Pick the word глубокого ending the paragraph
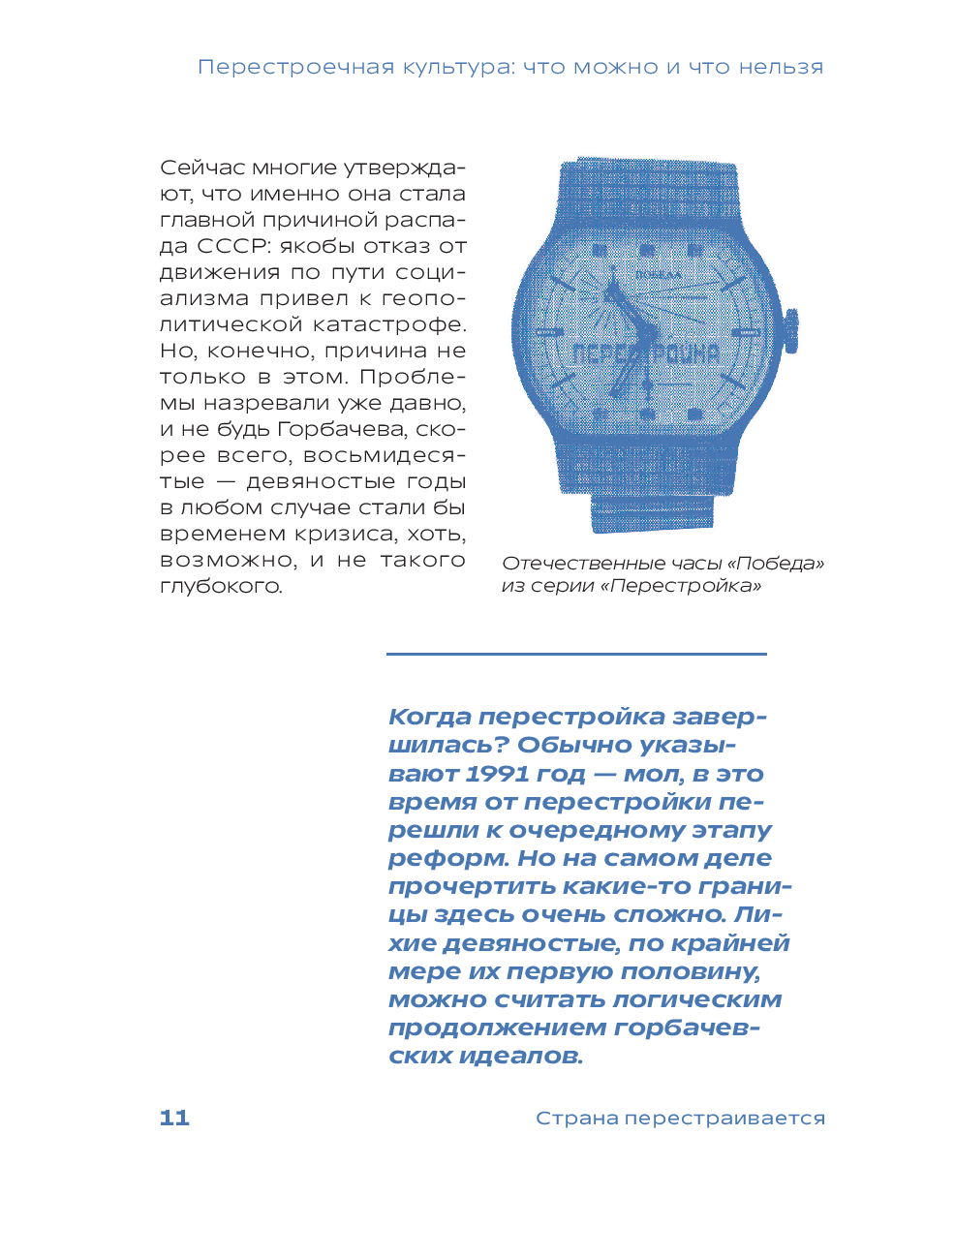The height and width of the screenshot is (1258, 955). (x=221, y=586)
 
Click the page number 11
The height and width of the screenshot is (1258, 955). (x=174, y=1118)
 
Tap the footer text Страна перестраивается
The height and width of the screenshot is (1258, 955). (x=680, y=1118)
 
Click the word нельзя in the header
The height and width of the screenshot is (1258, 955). (x=781, y=67)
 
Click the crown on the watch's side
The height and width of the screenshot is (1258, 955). (x=790, y=330)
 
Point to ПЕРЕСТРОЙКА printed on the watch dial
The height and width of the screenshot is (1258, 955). (x=646, y=353)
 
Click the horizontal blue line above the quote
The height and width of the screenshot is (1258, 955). (x=576, y=654)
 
